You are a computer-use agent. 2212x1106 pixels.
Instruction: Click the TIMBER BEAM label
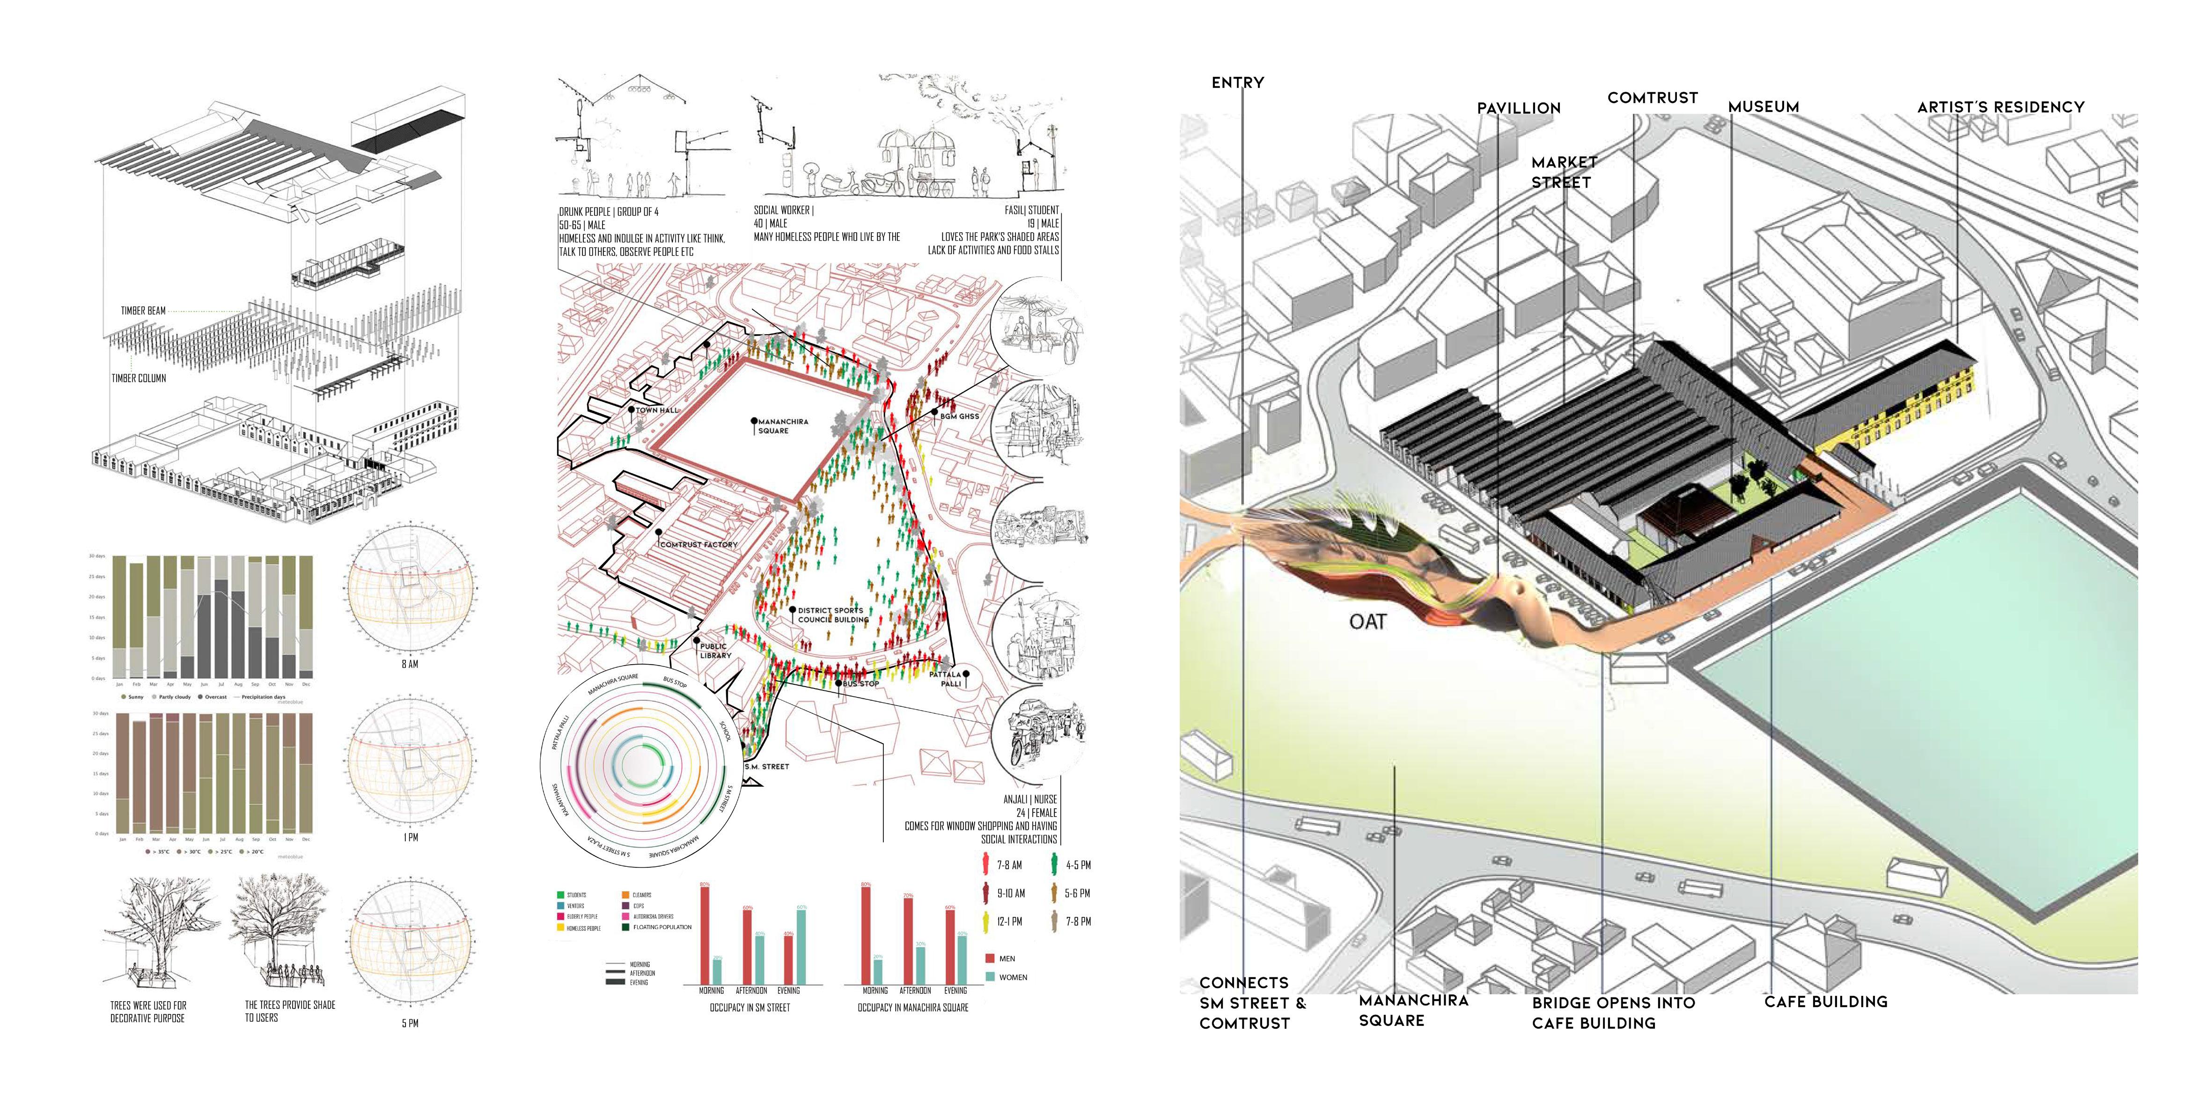coord(143,311)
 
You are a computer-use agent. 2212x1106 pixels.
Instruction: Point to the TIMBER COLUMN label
coord(138,378)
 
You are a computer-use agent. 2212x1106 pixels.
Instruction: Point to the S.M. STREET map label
coord(767,766)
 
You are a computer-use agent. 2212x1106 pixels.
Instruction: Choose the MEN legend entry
coord(1007,958)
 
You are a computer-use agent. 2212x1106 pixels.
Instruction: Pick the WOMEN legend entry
coord(1013,977)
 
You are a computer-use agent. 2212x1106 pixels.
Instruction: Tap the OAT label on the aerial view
coord(1367,622)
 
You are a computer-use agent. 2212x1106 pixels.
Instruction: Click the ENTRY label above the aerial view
coord(1237,82)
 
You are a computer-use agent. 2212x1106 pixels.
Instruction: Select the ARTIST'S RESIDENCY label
coord(2001,107)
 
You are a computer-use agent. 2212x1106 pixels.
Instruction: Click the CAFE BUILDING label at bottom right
coord(1826,1001)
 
